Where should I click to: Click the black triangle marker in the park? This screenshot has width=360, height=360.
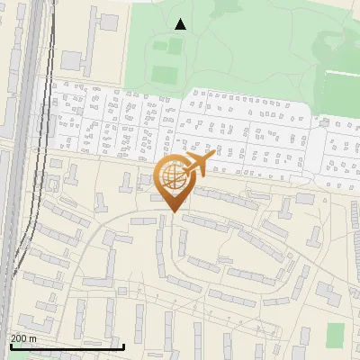[x=181, y=24]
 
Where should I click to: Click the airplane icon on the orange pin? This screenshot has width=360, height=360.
[x=199, y=165]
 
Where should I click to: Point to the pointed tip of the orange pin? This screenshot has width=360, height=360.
[x=172, y=212]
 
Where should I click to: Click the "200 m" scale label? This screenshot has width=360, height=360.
[x=23, y=338]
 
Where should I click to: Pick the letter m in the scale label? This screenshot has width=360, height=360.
[x=33, y=338]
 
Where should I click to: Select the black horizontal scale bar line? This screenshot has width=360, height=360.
[x=67, y=346]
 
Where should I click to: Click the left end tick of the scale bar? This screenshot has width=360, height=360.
[x=10, y=345]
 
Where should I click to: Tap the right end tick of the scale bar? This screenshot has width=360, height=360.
[x=123, y=345]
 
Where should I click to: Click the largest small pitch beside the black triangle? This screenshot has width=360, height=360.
[x=163, y=74]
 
